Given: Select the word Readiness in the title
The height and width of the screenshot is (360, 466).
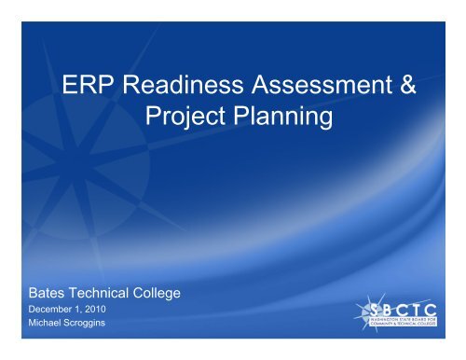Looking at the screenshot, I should click(190, 89).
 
